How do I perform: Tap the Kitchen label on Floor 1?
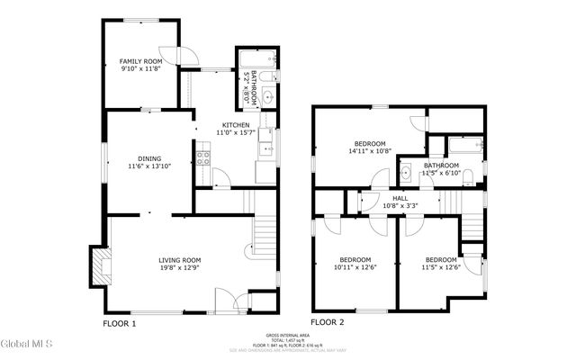pyautogui.click(x=236, y=125)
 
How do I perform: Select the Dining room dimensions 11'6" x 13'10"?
pyautogui.click(x=149, y=166)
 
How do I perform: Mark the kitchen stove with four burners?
pyautogui.click(x=204, y=160)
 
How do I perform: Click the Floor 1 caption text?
pyautogui.click(x=119, y=322)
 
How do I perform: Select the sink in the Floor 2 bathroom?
pyautogui.click(x=406, y=171)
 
